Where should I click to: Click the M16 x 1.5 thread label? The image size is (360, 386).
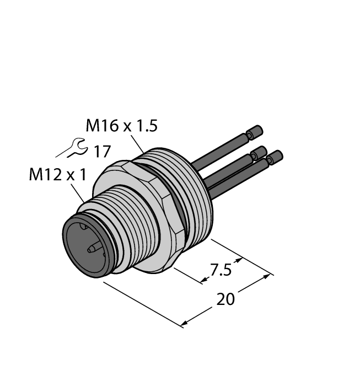point(121,126)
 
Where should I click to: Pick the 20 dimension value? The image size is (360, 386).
point(225,299)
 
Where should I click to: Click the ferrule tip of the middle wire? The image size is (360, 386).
point(258,152)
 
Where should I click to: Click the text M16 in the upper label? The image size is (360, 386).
point(101,126)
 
